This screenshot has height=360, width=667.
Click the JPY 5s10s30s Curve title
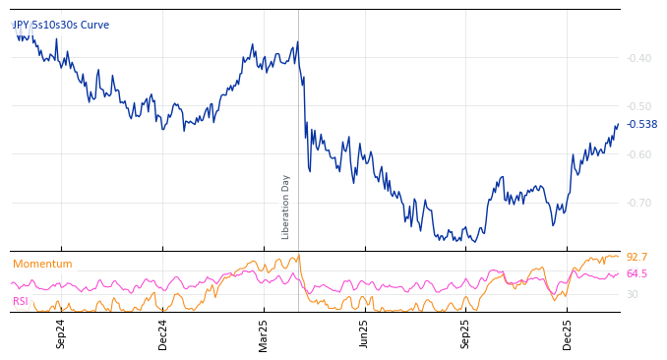point(61,25)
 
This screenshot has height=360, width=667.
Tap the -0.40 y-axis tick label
point(639,58)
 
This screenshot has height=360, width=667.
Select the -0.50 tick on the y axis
point(639,106)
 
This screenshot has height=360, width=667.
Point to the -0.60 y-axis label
point(639,154)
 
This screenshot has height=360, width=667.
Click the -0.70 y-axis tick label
point(639,203)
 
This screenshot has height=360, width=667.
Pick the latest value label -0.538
point(641,124)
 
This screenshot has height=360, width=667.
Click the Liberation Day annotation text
point(286,207)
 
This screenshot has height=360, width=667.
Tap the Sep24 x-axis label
point(61,333)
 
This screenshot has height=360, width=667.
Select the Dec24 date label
point(163,333)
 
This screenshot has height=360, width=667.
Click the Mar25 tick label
point(264,333)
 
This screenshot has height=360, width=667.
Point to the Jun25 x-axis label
point(364,333)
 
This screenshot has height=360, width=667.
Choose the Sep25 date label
point(465,333)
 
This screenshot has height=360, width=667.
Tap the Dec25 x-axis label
point(567,333)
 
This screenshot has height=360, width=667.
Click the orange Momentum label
point(42,264)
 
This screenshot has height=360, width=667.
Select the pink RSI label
point(21,301)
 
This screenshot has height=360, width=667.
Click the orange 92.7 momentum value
point(637,258)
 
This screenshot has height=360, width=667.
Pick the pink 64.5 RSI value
point(637,273)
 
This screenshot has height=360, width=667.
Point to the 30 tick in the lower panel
point(633,294)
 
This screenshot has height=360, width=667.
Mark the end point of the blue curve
point(618,124)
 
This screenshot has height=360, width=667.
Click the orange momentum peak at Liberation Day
point(298,256)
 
